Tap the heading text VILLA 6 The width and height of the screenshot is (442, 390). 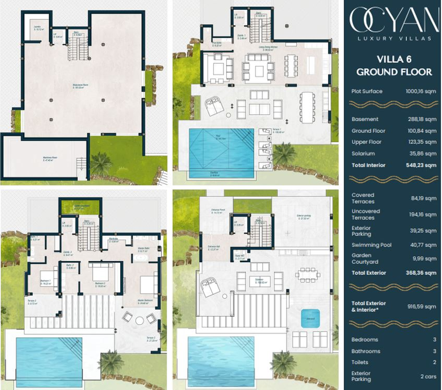tap(393, 60)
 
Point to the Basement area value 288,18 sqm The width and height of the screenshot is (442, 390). tap(422, 119)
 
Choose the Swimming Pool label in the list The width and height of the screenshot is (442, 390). tap(371, 245)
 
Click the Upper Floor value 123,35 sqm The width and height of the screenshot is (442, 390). tap(422, 142)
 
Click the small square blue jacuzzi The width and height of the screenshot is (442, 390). tap(309, 318)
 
